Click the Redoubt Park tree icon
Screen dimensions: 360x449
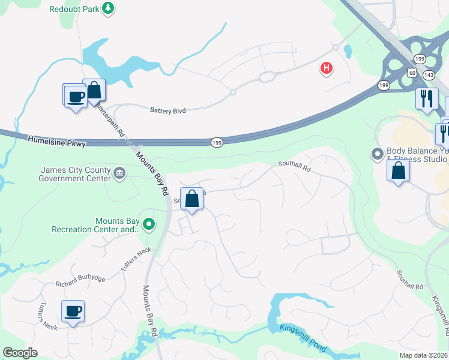(x=108, y=8)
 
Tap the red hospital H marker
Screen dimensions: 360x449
(x=327, y=68)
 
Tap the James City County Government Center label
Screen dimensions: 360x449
(x=74, y=174)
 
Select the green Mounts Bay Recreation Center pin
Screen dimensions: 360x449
(x=149, y=225)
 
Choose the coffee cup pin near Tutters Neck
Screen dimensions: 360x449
(x=73, y=311)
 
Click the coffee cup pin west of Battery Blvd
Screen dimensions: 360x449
(x=76, y=97)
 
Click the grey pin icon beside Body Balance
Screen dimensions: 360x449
(x=377, y=154)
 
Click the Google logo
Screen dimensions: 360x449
(x=20, y=352)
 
